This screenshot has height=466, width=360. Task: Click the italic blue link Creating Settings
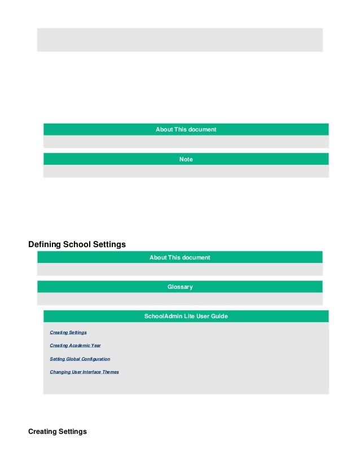pyautogui.click(x=68, y=332)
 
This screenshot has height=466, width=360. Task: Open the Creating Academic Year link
pyautogui.click(x=75, y=345)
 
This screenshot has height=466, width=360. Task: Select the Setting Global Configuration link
pyautogui.click(x=80, y=359)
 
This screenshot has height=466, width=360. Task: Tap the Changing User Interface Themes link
pyautogui.click(x=84, y=372)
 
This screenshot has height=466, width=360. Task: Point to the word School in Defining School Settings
pyautogui.click(x=77, y=244)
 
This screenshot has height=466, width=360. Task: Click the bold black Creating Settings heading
pyautogui.click(x=58, y=432)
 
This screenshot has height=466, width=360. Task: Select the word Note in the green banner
pyautogui.click(x=186, y=160)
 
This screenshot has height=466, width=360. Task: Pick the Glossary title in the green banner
pyautogui.click(x=180, y=287)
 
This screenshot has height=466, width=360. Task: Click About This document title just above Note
pyautogui.click(x=186, y=130)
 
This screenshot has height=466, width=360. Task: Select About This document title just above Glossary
pyautogui.click(x=179, y=258)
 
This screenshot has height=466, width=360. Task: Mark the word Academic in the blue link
pyautogui.click(x=79, y=345)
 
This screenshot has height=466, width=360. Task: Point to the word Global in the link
pyautogui.click(x=74, y=359)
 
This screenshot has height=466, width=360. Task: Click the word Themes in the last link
pyautogui.click(x=110, y=372)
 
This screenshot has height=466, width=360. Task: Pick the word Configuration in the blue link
pyautogui.click(x=96, y=359)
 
